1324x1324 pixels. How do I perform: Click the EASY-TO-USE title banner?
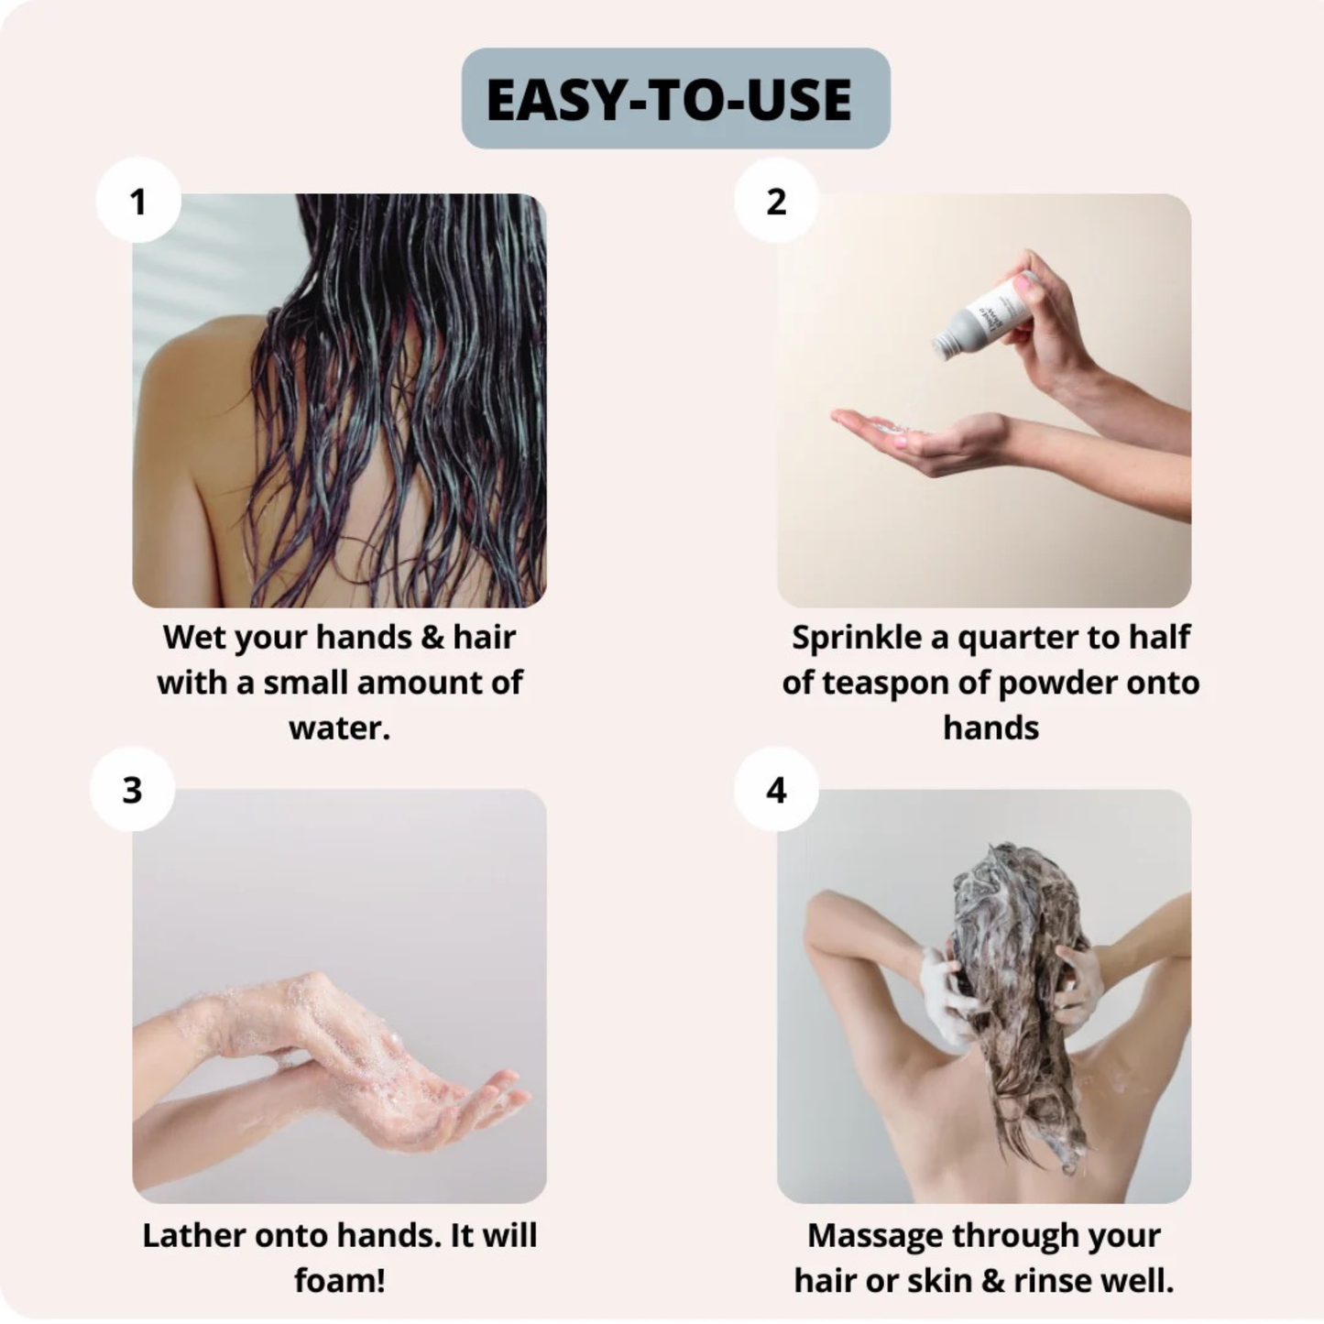click(675, 99)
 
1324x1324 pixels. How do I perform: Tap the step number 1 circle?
click(138, 201)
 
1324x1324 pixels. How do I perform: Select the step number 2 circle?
click(776, 201)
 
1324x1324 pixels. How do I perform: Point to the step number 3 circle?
click(133, 789)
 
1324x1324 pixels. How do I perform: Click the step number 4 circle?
click(776, 789)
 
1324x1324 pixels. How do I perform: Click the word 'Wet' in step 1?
click(193, 637)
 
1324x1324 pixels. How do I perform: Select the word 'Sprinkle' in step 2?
click(856, 637)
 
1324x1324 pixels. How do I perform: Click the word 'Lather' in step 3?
click(192, 1235)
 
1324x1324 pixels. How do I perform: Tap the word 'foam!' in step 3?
click(340, 1280)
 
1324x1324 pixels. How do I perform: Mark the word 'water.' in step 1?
click(340, 728)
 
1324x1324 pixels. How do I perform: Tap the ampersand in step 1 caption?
click(432, 637)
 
